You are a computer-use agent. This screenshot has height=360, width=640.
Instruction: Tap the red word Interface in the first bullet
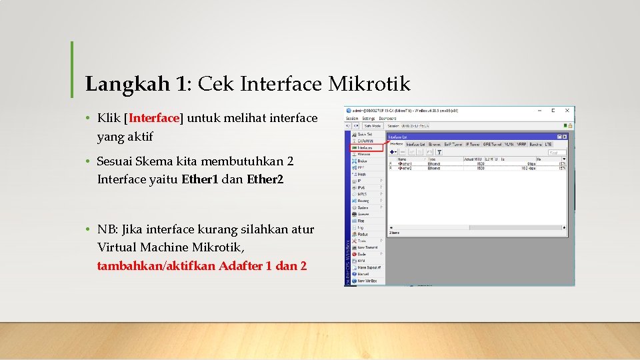coord(154,119)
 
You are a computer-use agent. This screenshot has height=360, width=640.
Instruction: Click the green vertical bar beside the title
coord(72,69)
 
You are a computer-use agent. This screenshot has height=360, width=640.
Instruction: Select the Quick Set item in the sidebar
coord(365,134)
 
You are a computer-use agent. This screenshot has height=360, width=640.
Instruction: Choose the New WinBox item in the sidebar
coord(367,281)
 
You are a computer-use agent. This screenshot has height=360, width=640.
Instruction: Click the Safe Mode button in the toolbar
coord(372,125)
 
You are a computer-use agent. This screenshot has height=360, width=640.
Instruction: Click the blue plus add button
coord(393,153)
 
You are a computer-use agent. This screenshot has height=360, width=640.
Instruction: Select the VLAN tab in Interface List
coord(510,144)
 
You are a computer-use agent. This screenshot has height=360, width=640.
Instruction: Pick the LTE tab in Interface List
coord(548,144)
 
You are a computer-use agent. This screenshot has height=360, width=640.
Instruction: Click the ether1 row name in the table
coord(405,163)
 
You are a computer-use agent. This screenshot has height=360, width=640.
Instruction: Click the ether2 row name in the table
coord(405,168)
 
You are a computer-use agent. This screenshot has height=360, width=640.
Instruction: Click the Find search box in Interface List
coord(556,153)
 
